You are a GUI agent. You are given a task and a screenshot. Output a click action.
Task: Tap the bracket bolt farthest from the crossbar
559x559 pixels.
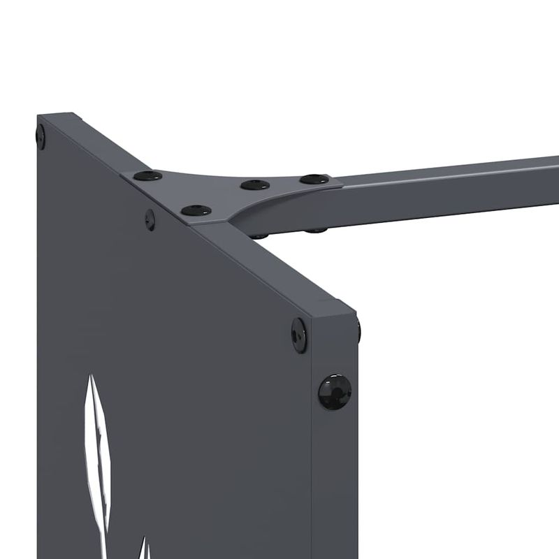pyautogui.click(x=147, y=175)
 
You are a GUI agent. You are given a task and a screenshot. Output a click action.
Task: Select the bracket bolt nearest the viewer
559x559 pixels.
pyautogui.click(x=196, y=210)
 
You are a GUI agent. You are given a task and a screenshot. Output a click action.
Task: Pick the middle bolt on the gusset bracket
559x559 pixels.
pyautogui.click(x=255, y=185)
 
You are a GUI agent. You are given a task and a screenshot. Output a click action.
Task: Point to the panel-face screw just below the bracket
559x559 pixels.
pyautogui.click(x=150, y=219)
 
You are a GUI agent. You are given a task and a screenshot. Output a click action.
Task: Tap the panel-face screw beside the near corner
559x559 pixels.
pyautogui.click(x=299, y=335)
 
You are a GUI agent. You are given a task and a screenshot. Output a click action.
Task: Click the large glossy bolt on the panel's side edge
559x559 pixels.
pyautogui.click(x=334, y=392)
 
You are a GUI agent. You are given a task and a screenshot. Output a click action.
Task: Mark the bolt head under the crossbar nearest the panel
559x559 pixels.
pyautogui.click(x=260, y=236)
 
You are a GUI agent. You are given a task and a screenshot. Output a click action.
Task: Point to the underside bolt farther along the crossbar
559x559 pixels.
pyautogui.click(x=316, y=229)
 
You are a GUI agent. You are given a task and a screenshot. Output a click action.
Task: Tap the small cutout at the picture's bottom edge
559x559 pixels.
pyautogui.click(x=144, y=548)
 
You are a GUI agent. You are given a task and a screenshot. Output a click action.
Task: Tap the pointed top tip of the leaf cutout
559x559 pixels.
pyautogui.click(x=90, y=378)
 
